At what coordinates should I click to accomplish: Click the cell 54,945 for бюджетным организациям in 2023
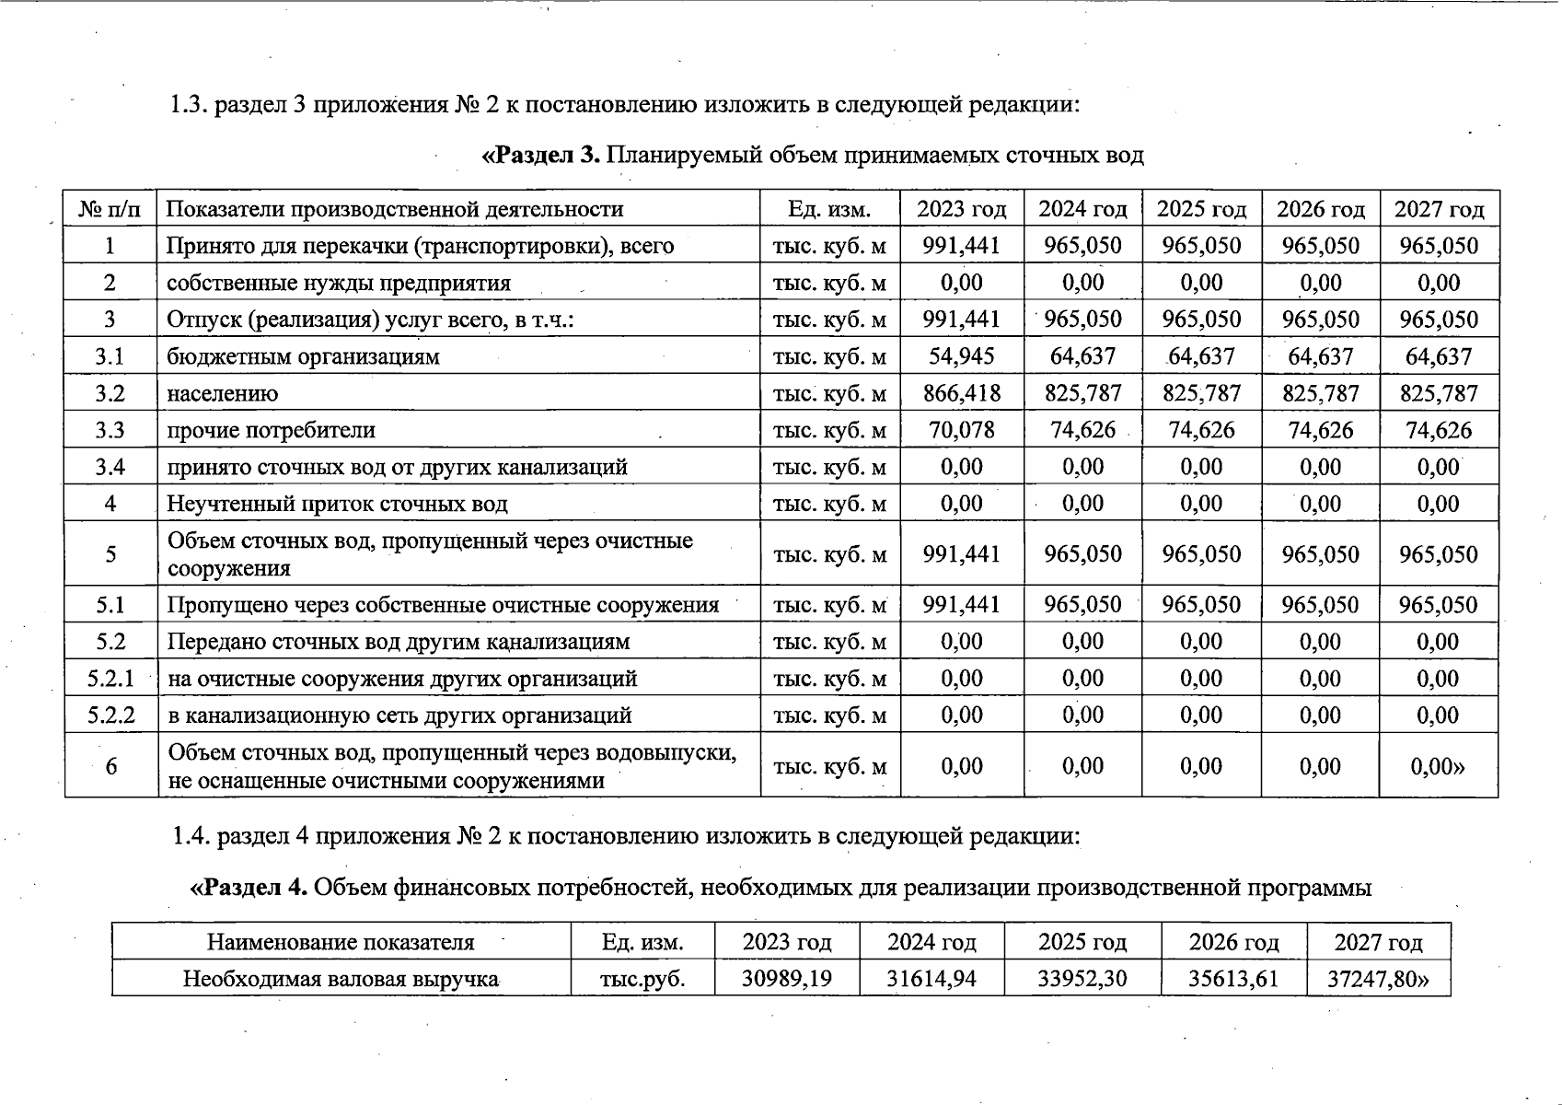(961, 356)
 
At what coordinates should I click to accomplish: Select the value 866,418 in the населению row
(961, 393)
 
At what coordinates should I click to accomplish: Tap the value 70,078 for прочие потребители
(961, 430)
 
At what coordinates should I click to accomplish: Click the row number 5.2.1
(110, 679)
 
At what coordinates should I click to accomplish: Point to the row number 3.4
(110, 467)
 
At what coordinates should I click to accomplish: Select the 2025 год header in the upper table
(1201, 209)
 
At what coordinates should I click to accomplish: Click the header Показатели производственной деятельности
(395, 209)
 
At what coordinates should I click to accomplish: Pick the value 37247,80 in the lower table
(1378, 978)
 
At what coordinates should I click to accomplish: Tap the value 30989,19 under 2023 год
(786, 978)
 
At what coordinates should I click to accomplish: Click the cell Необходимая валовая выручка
(341, 978)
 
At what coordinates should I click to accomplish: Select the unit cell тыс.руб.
(642, 978)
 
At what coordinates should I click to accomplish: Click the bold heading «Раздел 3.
(541, 155)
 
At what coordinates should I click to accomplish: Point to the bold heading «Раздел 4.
(249, 888)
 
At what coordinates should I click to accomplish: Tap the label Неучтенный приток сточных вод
(337, 504)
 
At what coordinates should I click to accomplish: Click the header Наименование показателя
(341, 942)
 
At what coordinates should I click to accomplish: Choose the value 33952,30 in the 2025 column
(1082, 978)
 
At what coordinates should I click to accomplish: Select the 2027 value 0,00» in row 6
(1439, 766)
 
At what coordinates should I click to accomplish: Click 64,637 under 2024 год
(1082, 356)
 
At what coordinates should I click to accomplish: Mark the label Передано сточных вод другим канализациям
(399, 642)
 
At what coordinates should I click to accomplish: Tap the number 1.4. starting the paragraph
(191, 836)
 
